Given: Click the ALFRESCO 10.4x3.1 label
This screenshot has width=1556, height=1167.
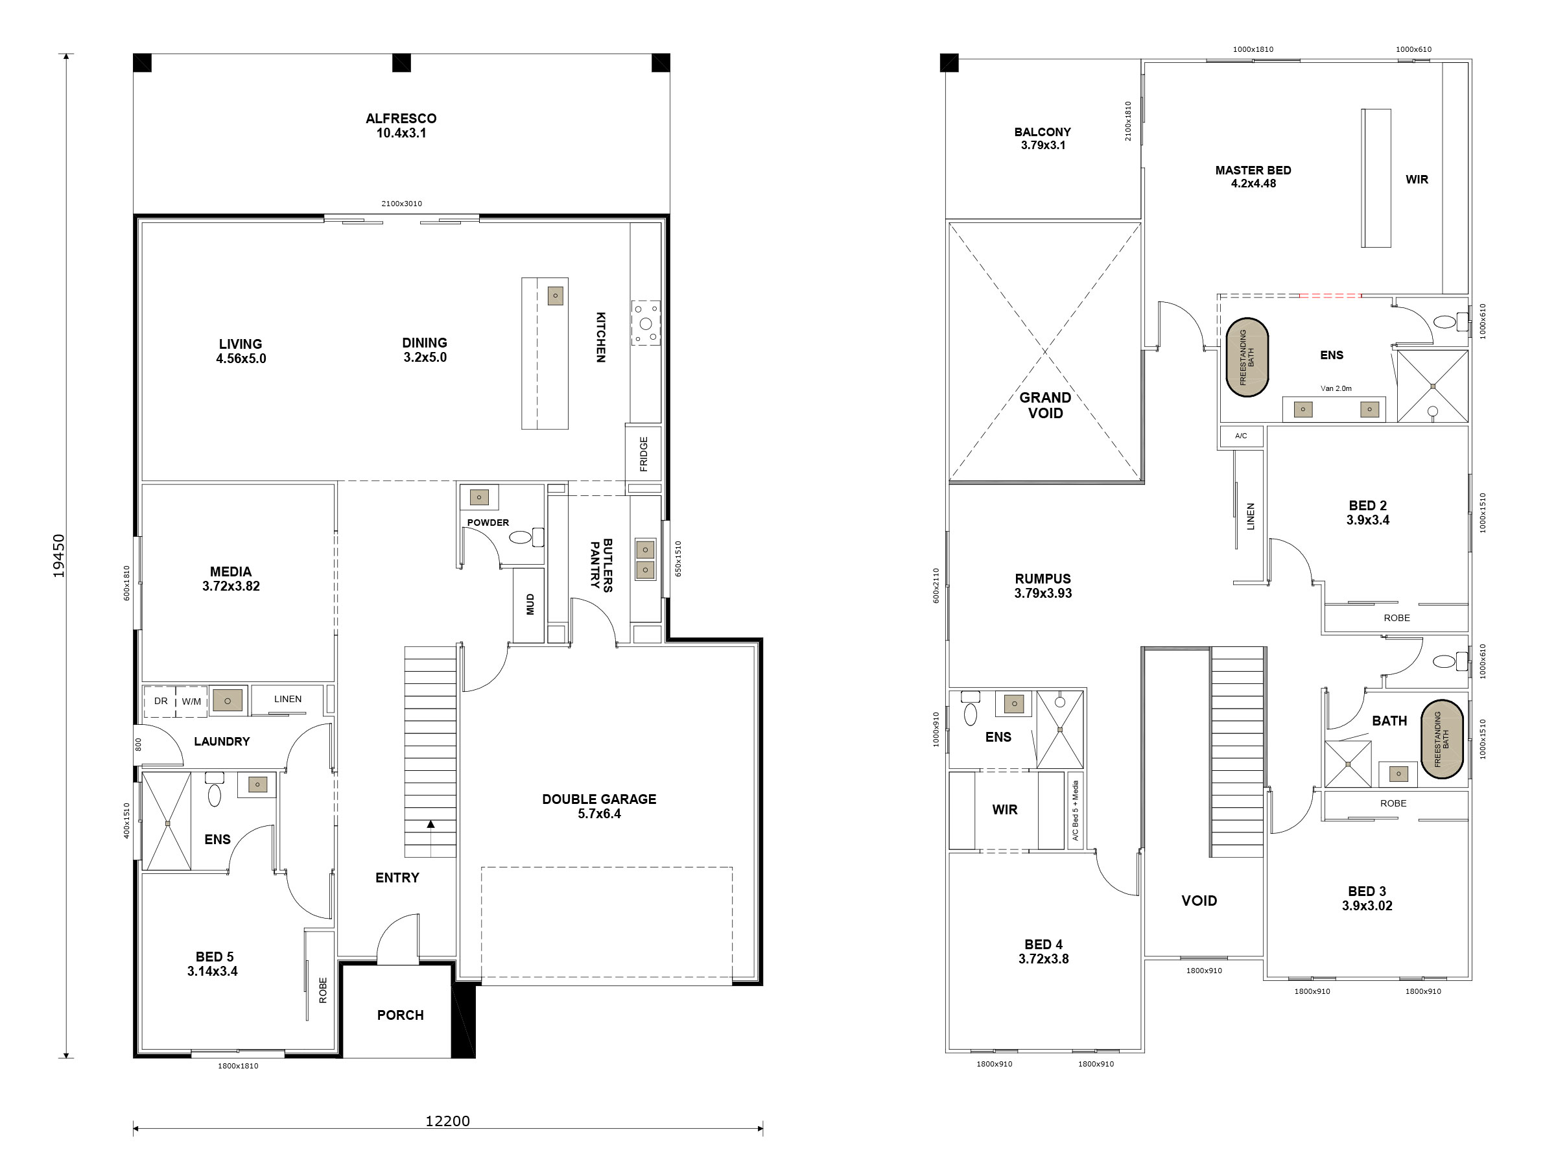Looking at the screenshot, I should pos(401,125).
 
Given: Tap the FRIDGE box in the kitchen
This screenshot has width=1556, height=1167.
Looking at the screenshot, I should pos(643,454).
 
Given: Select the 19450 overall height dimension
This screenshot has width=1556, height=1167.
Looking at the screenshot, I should pos(59,556).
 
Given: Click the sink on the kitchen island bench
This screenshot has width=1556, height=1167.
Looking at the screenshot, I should pos(555,296).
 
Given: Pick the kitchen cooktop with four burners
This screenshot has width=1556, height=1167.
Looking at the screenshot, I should pos(646,324).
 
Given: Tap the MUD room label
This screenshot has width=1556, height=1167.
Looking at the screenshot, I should pos(530,604).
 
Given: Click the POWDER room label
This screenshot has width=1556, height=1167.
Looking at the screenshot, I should pos(488,523).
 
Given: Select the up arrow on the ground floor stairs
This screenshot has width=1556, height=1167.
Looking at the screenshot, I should pos(430,825).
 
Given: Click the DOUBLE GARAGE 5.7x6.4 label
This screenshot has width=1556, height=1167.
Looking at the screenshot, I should pos(598,806).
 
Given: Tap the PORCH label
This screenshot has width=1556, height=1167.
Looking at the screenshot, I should pos(400,1015).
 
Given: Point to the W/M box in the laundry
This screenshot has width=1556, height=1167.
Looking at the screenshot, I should pos(191,701).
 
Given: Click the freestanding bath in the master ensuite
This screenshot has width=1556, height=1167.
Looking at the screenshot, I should pos(1247,357).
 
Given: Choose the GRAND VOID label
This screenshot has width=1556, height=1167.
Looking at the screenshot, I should pos(1045,405).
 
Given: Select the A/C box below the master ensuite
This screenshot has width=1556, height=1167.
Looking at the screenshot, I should pos(1241,436).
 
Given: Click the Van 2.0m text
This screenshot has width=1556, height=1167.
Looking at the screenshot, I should pos(1336,388).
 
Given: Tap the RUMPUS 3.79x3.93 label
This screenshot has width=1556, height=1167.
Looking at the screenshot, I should pos(1043,585).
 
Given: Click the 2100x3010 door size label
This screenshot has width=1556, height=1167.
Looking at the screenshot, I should pos(402,204).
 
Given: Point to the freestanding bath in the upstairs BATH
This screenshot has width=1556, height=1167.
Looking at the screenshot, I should pos(1441,739).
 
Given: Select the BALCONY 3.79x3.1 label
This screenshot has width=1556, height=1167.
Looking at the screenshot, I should pos(1043,139).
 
